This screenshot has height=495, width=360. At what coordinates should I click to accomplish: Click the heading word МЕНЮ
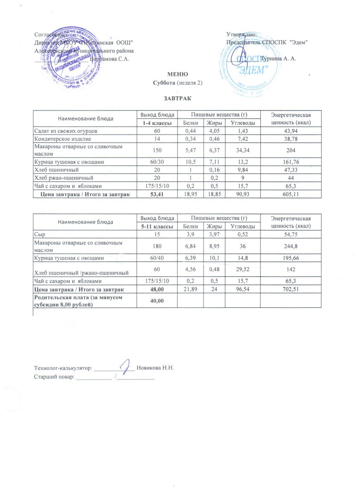(178, 74)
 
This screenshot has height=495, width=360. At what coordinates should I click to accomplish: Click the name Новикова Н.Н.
(157, 368)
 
